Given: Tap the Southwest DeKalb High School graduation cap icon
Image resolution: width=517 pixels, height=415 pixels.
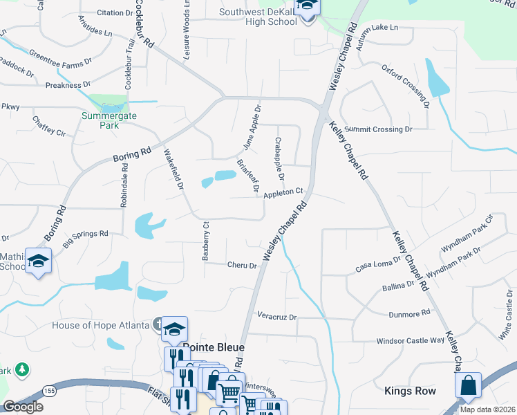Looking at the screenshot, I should [x=305, y=8].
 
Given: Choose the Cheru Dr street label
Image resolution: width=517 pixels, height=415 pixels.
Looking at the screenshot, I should [x=242, y=265].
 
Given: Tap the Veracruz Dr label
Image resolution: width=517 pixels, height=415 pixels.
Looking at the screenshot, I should [x=276, y=316].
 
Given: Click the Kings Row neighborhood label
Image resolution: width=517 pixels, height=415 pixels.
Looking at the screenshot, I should [x=411, y=391].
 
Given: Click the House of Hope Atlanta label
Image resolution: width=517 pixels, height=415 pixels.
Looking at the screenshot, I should [x=102, y=325].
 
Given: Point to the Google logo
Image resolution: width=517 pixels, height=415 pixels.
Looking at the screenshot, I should [x=23, y=407].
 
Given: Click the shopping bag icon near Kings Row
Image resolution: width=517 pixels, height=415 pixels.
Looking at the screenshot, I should [x=469, y=386].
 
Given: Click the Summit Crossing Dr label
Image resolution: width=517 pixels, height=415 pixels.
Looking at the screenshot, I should [x=379, y=129].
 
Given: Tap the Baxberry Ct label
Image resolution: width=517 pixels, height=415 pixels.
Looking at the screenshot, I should [x=205, y=241].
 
